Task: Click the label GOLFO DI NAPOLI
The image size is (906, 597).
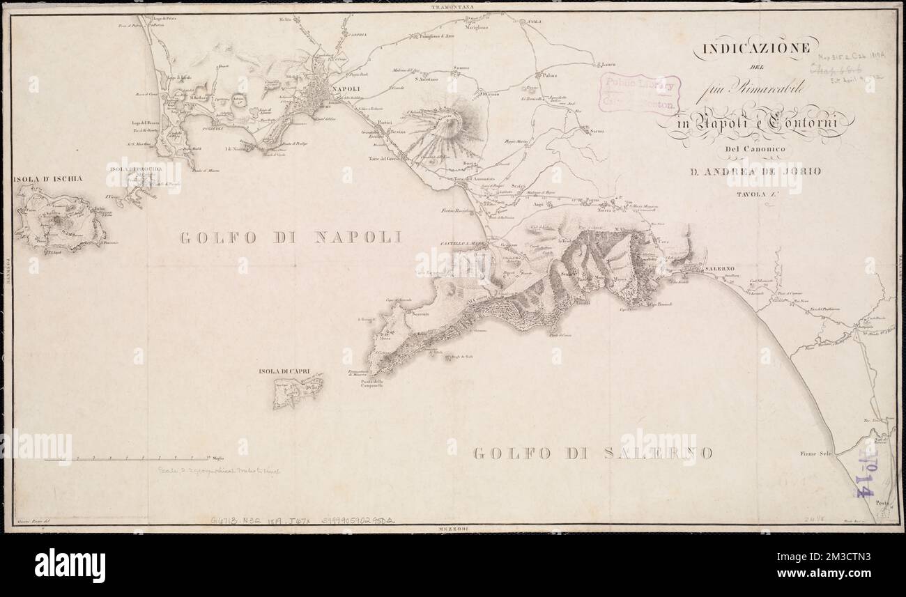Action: tap(291, 238)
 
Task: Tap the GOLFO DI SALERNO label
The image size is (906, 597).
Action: tap(592, 453)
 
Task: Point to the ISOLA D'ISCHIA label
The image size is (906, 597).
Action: tap(47, 179)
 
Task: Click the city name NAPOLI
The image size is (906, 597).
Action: tap(346, 88)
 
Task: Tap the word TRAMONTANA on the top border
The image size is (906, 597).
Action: tap(453, 6)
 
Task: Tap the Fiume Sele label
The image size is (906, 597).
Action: tap(817, 453)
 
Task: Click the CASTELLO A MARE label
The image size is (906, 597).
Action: tap(463, 243)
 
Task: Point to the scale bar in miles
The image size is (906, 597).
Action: tap(126, 458)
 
